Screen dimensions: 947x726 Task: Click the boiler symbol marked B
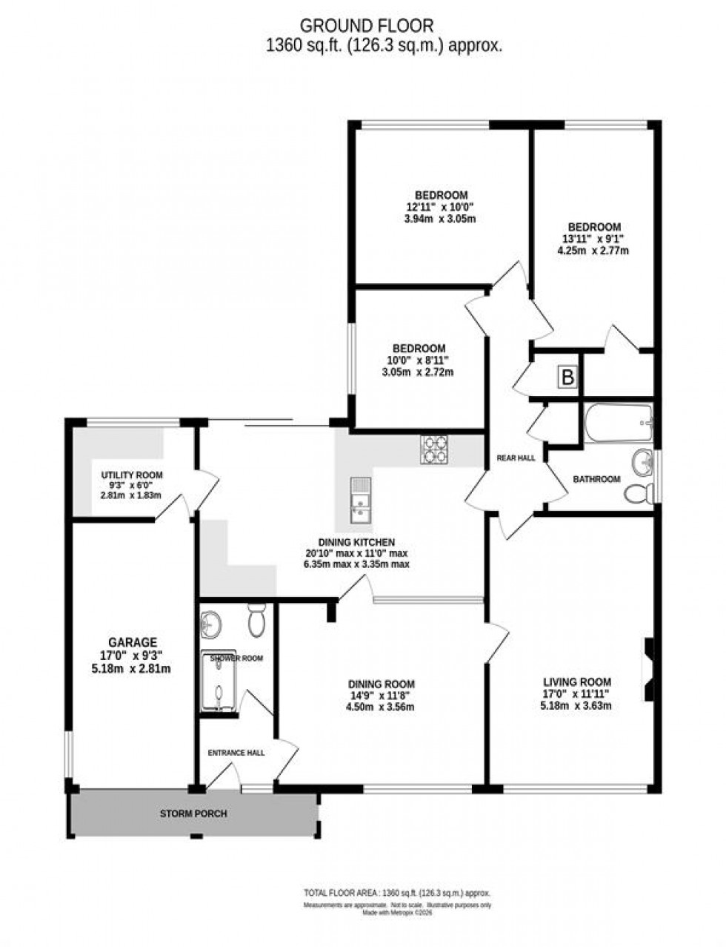pyautogui.click(x=567, y=377)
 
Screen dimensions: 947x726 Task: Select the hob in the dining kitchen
pyautogui.click(x=434, y=449)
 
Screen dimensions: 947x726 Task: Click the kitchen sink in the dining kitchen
pyautogui.click(x=361, y=500)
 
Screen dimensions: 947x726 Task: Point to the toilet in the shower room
pyautogui.click(x=257, y=620)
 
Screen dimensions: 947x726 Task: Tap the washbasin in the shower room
pyautogui.click(x=211, y=624)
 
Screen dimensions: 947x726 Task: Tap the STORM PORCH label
pyautogui.click(x=193, y=814)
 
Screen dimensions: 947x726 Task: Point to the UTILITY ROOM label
pyautogui.click(x=132, y=475)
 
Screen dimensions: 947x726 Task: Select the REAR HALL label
pyautogui.click(x=516, y=458)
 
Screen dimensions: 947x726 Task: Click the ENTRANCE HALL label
pyautogui.click(x=236, y=753)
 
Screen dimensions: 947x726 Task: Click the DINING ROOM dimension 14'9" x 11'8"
pyautogui.click(x=382, y=696)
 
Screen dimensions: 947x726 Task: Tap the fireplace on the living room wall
pyautogui.click(x=648, y=670)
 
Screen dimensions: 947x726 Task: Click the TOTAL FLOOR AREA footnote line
pyautogui.click(x=397, y=893)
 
